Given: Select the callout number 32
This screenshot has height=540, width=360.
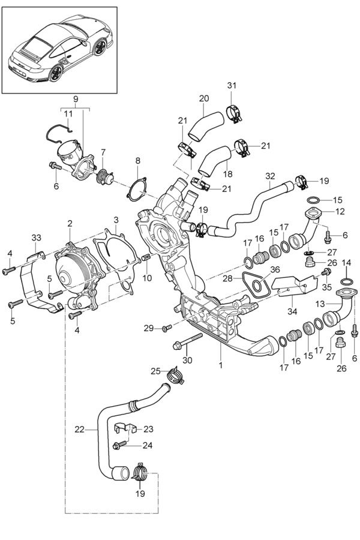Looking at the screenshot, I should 270,176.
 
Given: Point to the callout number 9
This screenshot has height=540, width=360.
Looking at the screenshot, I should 76,98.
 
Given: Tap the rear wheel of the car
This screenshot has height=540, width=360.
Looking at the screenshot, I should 57,73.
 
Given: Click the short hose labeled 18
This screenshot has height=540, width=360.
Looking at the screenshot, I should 214,162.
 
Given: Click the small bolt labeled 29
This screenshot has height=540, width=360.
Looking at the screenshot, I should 167,328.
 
